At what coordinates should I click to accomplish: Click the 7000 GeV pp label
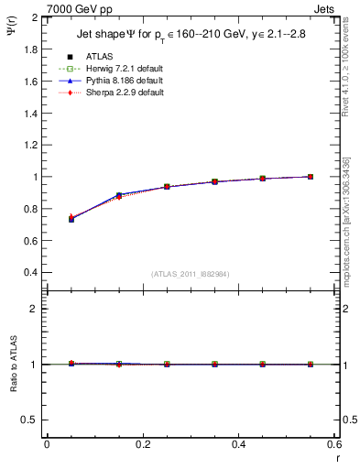(76, 7)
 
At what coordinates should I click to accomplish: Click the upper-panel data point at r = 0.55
(311, 177)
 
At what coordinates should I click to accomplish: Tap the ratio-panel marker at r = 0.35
(215, 364)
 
